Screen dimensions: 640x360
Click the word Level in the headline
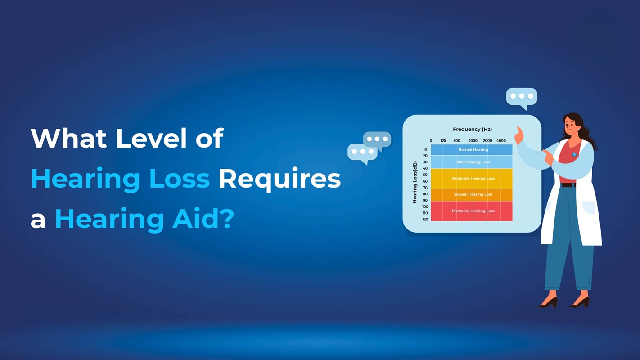(x=151, y=138)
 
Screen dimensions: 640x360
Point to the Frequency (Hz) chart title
(x=472, y=130)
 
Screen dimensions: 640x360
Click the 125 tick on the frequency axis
(x=443, y=141)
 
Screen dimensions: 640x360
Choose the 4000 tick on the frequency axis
(x=501, y=141)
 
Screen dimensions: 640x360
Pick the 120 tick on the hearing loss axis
(x=425, y=220)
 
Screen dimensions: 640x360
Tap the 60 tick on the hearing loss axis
(x=425, y=181)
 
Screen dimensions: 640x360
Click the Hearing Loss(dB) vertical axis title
(x=415, y=182)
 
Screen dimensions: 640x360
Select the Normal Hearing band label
(x=473, y=150)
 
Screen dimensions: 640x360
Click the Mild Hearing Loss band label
(x=473, y=162)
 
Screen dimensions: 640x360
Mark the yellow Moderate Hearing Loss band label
(x=473, y=178)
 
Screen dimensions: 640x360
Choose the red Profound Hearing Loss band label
(x=473, y=211)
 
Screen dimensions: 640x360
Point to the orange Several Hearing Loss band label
(x=473, y=194)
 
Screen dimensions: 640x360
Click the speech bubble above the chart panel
(x=522, y=97)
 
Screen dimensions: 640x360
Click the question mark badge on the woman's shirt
(x=574, y=154)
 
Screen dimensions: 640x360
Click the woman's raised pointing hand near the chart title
(x=519, y=135)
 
